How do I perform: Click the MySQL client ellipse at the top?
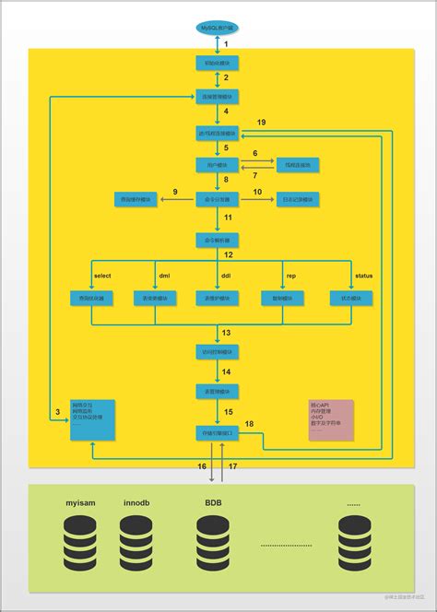(218, 28)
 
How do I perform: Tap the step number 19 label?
(261, 123)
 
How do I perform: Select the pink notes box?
(330, 419)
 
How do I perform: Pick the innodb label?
(136, 504)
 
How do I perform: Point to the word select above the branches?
(102, 276)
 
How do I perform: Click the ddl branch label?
(225, 276)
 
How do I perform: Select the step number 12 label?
(228, 253)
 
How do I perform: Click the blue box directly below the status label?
(352, 299)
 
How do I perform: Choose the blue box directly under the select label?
(92, 299)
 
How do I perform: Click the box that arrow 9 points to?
(136, 199)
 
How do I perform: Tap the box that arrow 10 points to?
(298, 199)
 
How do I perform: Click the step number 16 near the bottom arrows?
(201, 467)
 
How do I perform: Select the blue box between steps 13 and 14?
(218, 352)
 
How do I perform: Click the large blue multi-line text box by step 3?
(92, 419)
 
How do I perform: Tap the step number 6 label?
(254, 153)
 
